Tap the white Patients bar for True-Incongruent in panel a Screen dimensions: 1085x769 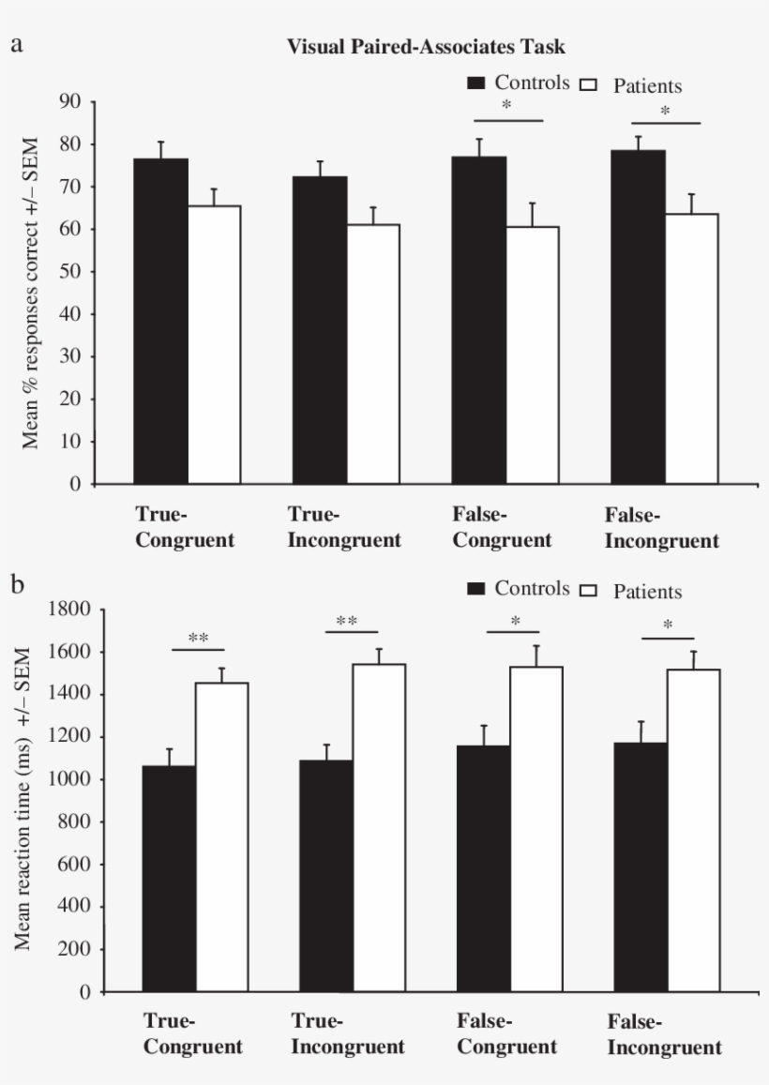pyautogui.click(x=372, y=354)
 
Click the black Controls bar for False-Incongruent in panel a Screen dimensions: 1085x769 pyautogui.click(x=638, y=316)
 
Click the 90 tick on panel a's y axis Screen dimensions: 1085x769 pyautogui.click(x=70, y=101)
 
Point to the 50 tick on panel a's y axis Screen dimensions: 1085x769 pyautogui.click(x=70, y=271)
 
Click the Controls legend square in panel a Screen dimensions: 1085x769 pyautogui.click(x=476, y=84)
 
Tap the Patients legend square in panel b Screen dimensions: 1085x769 pyautogui.click(x=592, y=591)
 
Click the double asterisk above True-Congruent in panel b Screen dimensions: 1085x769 pyautogui.click(x=198, y=638)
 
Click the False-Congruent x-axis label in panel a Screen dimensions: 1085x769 pyautogui.click(x=502, y=527)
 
